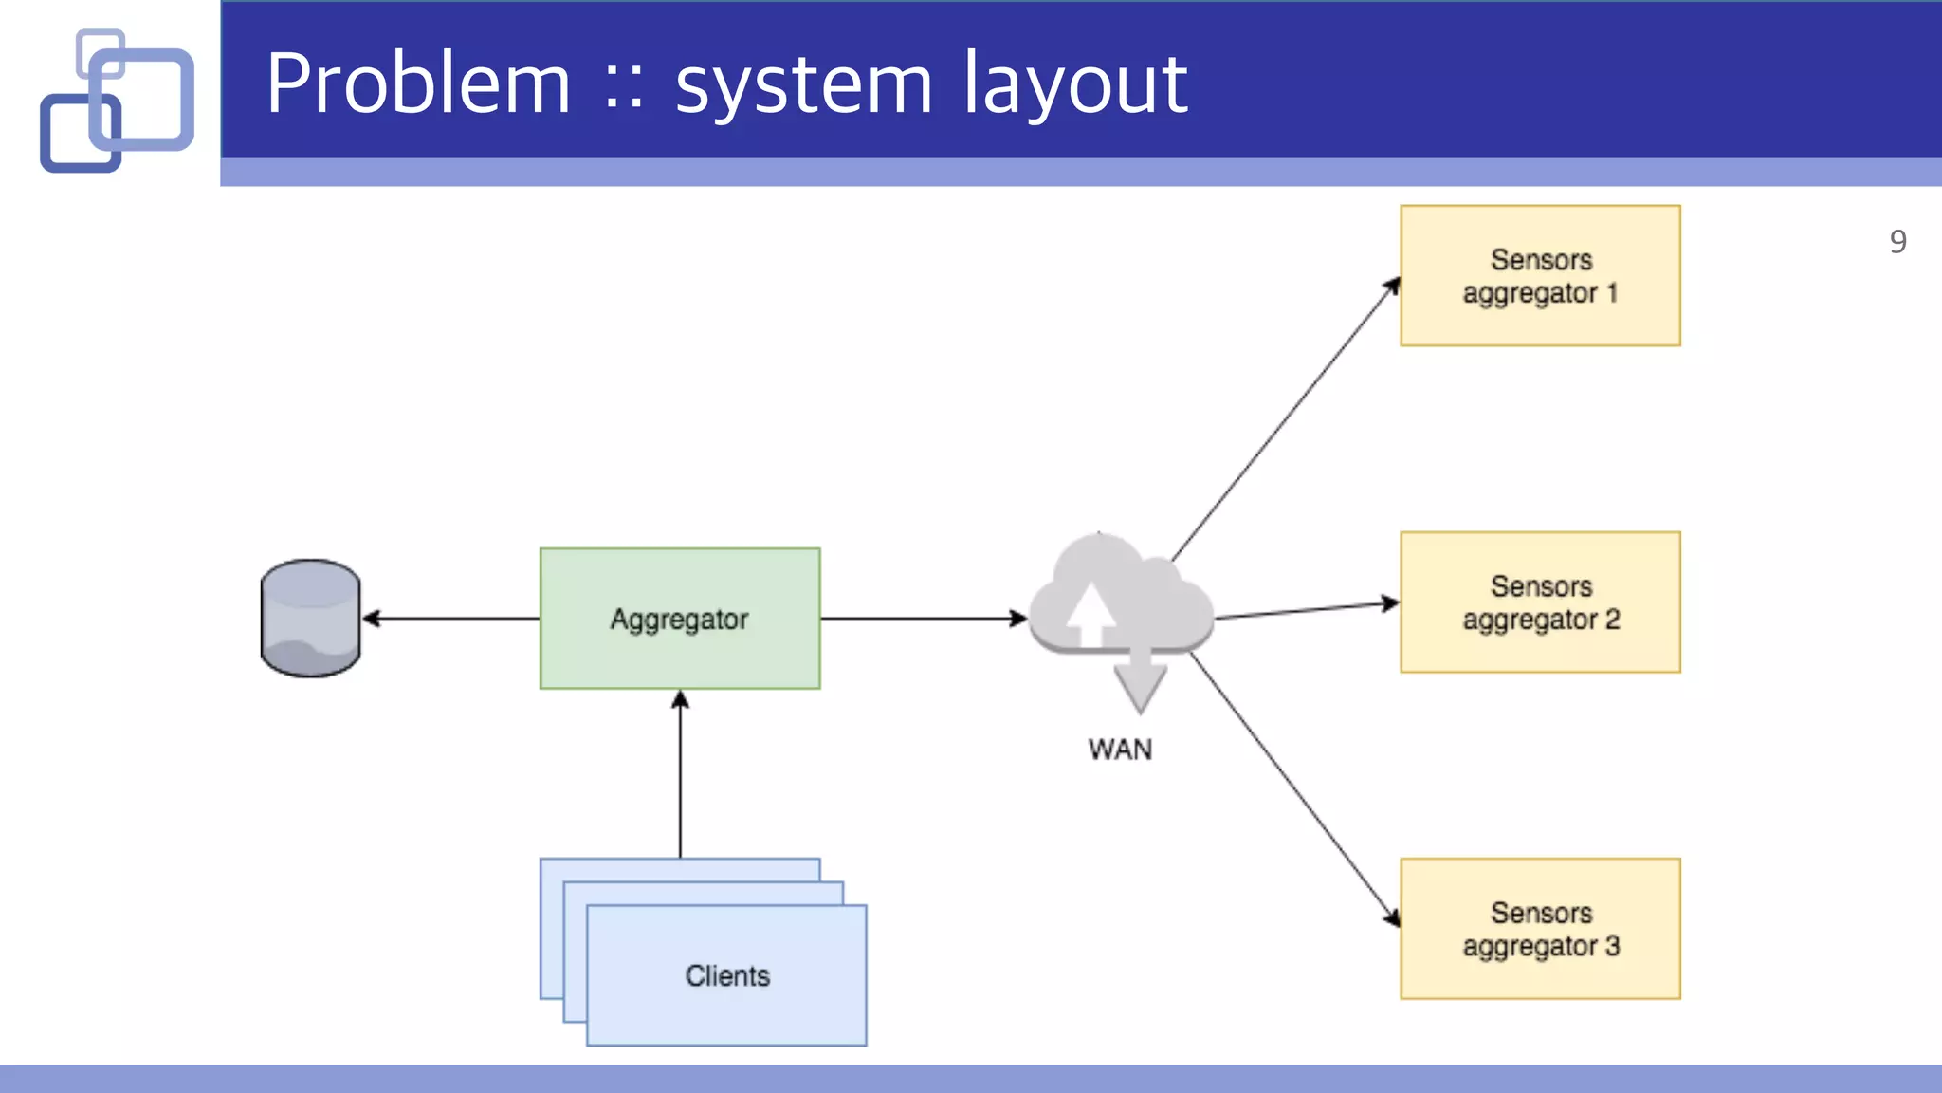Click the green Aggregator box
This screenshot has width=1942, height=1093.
tap(679, 618)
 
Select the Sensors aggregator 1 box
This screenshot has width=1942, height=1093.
tap(1539, 275)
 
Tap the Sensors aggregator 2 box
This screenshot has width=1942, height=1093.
tap(1539, 602)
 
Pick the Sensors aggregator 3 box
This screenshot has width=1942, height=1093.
tap(1539, 928)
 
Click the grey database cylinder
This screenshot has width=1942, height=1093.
tap(310, 618)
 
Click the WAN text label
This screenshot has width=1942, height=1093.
tap(1120, 750)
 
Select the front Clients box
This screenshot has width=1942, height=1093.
tap(726, 975)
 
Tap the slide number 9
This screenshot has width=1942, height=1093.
tap(1897, 242)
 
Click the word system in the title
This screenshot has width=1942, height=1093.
tap(804, 85)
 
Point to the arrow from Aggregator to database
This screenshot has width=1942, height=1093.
tap(450, 619)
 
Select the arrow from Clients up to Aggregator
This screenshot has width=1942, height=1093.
tap(680, 773)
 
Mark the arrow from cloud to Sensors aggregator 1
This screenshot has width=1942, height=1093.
tap(1285, 419)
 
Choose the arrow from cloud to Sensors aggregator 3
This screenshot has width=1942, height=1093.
tap(1294, 787)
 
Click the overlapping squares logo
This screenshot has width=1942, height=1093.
tap(117, 101)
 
